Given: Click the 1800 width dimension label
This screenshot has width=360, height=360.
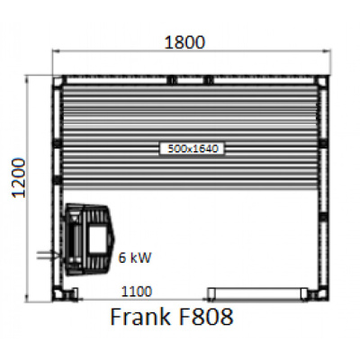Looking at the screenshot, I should pyautogui.click(x=185, y=41).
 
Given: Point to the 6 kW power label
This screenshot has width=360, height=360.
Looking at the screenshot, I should pyautogui.click(x=135, y=257).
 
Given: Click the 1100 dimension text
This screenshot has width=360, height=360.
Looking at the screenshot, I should pyautogui.click(x=137, y=292).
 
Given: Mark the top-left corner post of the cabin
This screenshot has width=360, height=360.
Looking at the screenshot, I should pyautogui.click(x=59, y=81).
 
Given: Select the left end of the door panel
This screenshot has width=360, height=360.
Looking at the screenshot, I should pyautogui.click(x=211, y=292).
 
